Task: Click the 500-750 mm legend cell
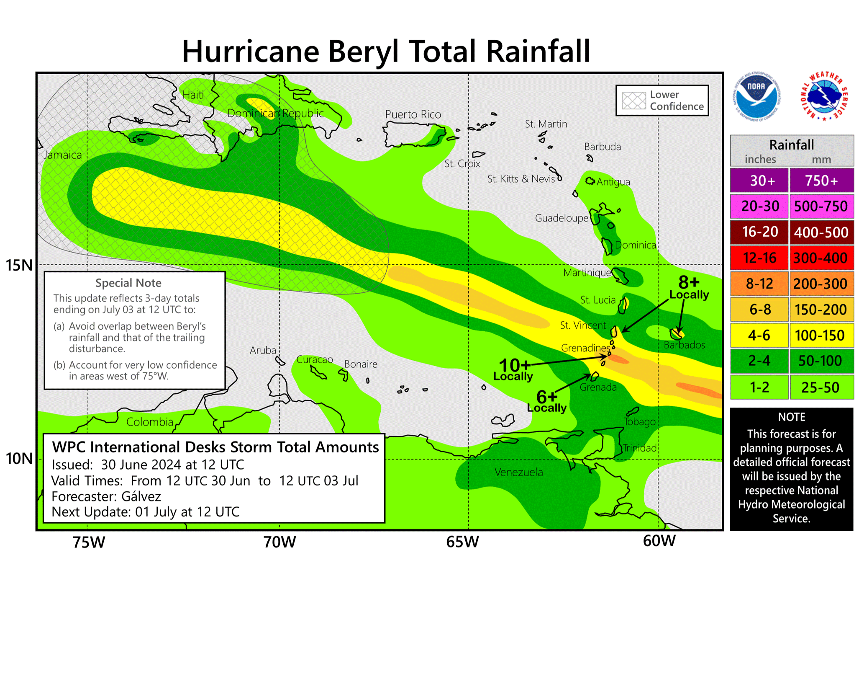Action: (x=821, y=206)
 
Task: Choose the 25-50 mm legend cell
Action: (x=821, y=387)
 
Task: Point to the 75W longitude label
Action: (x=89, y=542)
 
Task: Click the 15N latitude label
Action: (x=19, y=265)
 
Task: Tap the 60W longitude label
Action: (x=659, y=541)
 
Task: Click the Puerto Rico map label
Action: (x=413, y=114)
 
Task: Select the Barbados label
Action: (x=684, y=345)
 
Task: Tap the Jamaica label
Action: (x=63, y=155)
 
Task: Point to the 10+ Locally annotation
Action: (x=514, y=369)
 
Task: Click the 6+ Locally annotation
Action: (x=547, y=401)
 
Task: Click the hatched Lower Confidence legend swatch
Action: (x=634, y=101)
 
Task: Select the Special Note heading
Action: (x=128, y=283)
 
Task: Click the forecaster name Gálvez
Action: (x=141, y=496)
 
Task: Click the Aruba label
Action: (x=263, y=350)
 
